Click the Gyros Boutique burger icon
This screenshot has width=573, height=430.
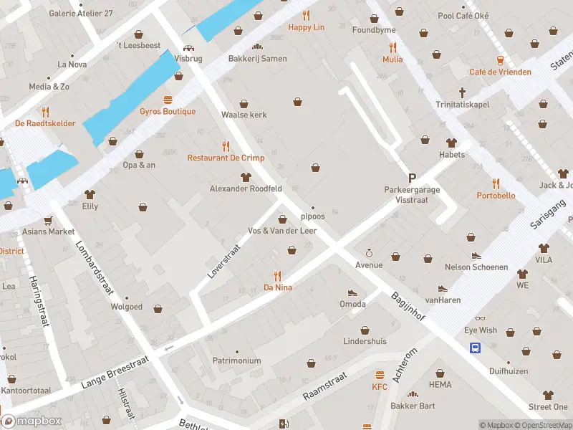168,100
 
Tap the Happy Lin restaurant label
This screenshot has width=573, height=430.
306,27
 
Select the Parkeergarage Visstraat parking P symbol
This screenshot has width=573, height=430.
412,178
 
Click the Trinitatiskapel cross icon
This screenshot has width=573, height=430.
463,92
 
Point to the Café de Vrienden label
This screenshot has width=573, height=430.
500,72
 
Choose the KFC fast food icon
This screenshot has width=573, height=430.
380,376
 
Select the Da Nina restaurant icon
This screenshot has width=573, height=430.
278,275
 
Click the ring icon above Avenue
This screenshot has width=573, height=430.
369,253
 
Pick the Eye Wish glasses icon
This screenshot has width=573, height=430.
480,318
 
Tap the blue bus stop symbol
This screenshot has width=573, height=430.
475,348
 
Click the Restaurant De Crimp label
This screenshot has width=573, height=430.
226,158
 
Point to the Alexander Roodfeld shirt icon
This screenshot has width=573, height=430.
246,177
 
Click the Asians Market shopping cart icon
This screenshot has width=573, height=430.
48,220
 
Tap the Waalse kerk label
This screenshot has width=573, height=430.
244,115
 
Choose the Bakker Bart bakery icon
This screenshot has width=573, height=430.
413,394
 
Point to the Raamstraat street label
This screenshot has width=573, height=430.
324,386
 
